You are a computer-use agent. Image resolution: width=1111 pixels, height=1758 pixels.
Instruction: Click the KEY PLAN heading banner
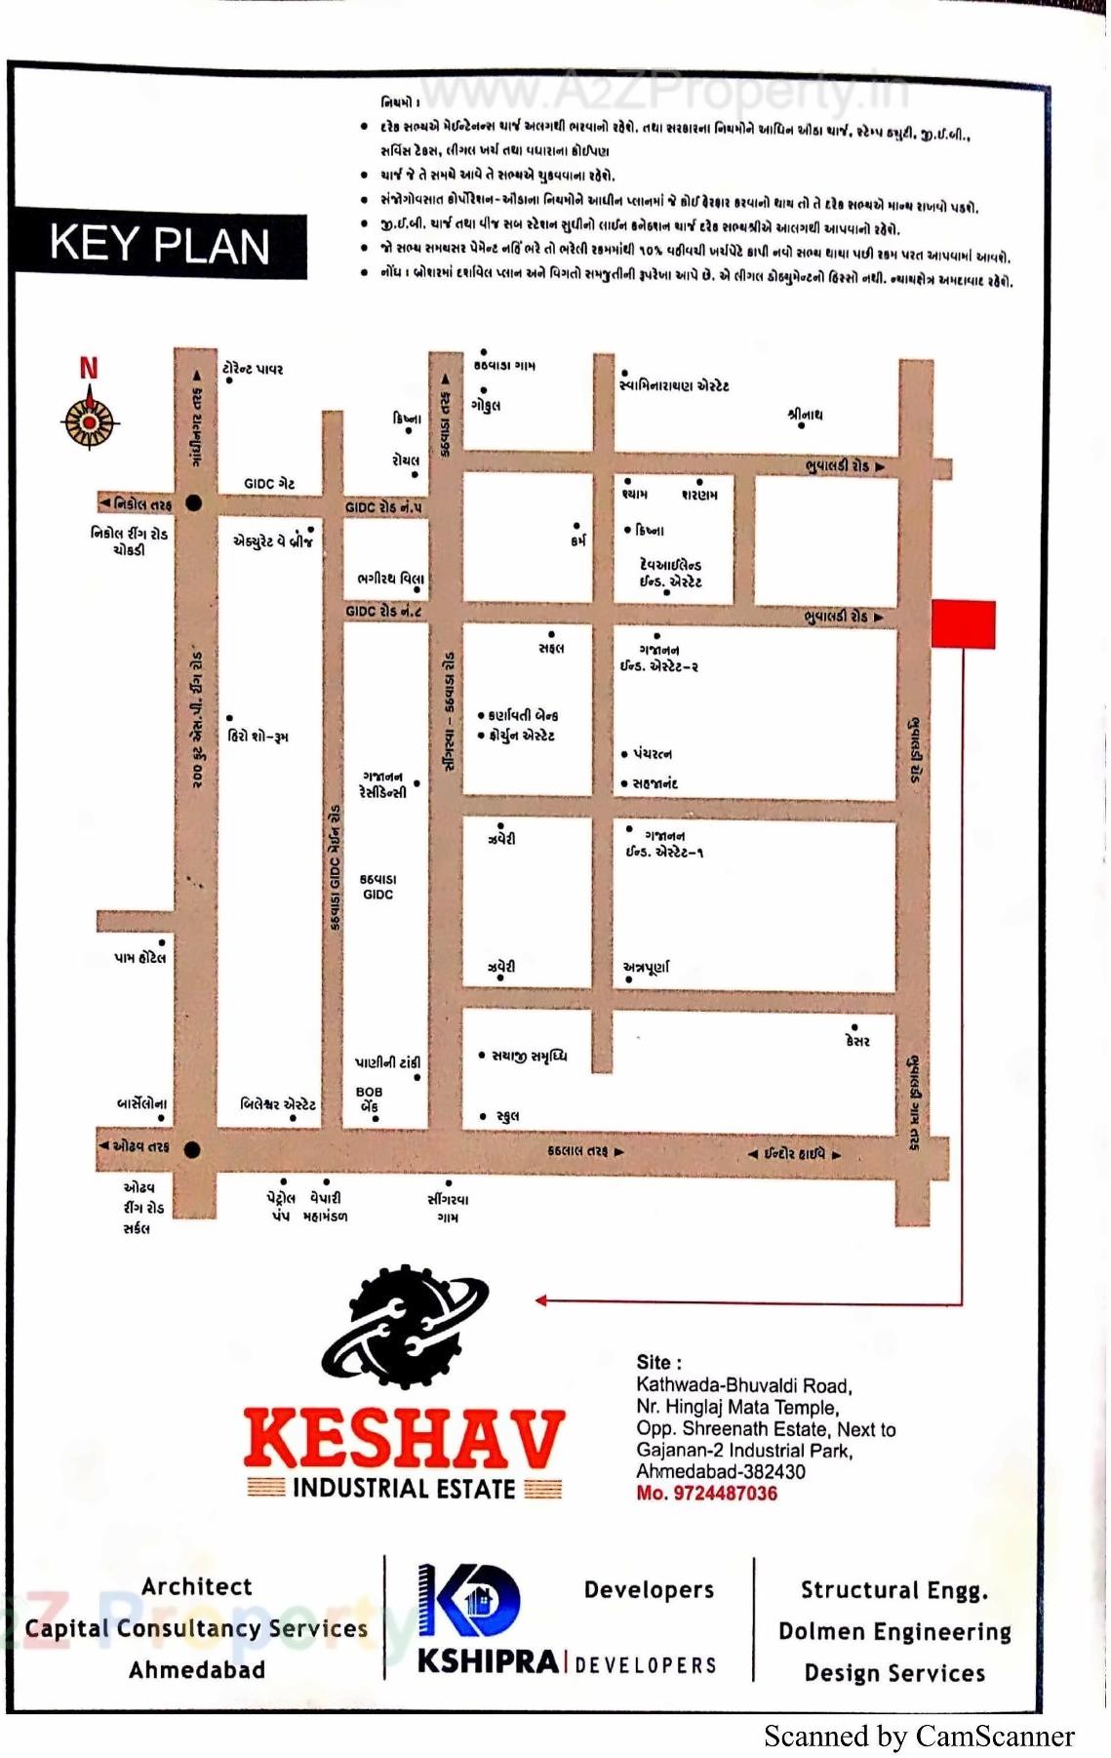coord(160,244)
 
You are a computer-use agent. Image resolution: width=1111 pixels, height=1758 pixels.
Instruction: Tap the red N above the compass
coord(89,368)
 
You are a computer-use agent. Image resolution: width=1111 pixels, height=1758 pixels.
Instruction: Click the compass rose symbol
coord(90,421)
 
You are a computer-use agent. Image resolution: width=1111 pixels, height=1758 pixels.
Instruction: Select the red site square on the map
coord(963,624)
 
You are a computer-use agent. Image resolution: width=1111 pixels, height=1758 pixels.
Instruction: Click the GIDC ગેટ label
coord(269,484)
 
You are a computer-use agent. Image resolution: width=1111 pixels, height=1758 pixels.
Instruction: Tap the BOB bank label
coord(369,1099)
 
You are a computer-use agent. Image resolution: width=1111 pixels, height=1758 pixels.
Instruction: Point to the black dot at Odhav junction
coord(192,1149)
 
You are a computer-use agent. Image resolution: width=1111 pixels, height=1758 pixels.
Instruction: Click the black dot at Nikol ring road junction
coord(193,503)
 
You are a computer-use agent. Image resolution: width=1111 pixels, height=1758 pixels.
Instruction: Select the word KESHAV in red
coord(404,1439)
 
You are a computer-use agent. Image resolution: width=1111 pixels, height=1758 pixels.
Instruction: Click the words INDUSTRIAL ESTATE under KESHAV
coord(404,1489)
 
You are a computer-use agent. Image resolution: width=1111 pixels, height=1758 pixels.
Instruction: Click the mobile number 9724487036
coord(707,1494)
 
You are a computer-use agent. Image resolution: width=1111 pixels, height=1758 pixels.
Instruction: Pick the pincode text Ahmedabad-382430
coord(721,1471)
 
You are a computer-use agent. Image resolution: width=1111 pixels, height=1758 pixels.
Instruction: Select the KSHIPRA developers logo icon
coord(468,1602)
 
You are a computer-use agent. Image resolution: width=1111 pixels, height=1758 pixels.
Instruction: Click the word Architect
coord(196,1587)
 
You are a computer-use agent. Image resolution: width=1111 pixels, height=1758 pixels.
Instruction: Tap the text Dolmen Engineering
coord(894,1631)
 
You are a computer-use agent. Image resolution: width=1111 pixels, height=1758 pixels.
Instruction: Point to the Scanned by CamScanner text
coord(919,1737)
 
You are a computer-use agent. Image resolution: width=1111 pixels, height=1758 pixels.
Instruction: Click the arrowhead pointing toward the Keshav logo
coord(540,1299)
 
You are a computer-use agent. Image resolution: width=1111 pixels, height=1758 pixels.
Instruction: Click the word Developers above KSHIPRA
coord(649,1590)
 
